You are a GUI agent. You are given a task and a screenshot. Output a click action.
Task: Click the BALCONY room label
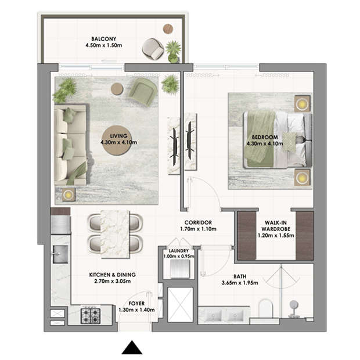click(104, 39)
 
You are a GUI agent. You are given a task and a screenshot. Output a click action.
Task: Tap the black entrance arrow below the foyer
click(132, 347)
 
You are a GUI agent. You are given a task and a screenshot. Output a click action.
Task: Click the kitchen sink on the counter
click(60, 254)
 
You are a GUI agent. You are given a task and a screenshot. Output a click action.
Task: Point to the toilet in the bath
click(265, 308)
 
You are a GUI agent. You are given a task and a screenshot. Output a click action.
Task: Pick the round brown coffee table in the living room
click(117, 140)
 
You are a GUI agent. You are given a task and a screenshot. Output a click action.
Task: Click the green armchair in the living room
click(143, 92)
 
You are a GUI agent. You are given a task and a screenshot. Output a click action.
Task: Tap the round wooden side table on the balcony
click(168, 29)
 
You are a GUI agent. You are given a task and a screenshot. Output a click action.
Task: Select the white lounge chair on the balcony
click(153, 49)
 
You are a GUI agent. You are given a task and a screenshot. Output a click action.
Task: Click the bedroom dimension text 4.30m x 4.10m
click(265, 144)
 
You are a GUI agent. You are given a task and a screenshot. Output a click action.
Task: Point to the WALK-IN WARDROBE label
click(276, 226)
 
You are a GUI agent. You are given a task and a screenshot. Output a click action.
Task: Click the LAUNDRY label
click(179, 251)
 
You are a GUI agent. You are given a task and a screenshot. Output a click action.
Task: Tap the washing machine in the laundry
click(179, 269)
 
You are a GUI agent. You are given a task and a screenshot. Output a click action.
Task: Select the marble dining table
click(115, 234)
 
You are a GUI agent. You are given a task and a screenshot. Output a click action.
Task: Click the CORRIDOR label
click(198, 222)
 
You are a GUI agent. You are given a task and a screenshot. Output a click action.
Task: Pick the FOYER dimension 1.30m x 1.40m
click(136, 310)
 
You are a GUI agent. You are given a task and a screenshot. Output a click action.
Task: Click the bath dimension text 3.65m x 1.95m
click(240, 283)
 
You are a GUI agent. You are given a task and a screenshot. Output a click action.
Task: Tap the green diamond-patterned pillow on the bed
click(289, 142)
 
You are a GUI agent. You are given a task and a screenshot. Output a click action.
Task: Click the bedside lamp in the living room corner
click(68, 195)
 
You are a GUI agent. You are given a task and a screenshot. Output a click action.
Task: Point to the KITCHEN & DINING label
click(112, 275)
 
